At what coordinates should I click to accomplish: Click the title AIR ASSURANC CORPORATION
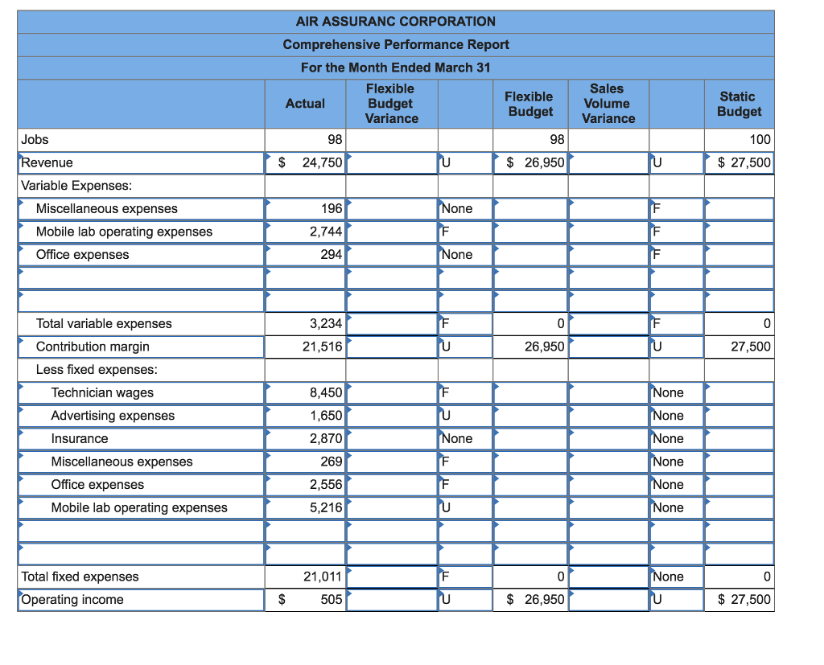(x=395, y=21)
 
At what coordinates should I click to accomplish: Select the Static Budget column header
(x=739, y=104)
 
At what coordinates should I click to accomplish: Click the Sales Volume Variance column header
(x=608, y=104)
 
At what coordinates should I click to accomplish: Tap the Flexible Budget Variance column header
(x=391, y=104)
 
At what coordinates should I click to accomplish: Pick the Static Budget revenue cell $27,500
(x=744, y=162)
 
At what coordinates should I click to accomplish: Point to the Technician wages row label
(x=102, y=392)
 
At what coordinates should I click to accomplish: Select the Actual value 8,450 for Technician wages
(x=326, y=392)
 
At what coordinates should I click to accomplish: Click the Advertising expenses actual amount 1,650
(x=326, y=416)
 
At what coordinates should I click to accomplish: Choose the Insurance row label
(x=80, y=438)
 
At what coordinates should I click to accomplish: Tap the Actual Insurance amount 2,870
(x=326, y=438)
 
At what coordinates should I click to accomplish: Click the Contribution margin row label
(x=93, y=347)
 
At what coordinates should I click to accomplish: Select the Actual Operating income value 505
(x=332, y=599)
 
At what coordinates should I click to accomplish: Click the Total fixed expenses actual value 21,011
(x=323, y=577)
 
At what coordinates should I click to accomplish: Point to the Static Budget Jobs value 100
(x=760, y=140)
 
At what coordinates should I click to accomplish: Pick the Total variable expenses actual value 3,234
(x=326, y=323)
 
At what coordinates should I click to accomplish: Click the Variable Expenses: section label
(x=76, y=186)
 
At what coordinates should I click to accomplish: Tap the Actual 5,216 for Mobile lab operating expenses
(x=326, y=507)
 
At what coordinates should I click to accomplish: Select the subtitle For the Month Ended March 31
(x=395, y=68)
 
